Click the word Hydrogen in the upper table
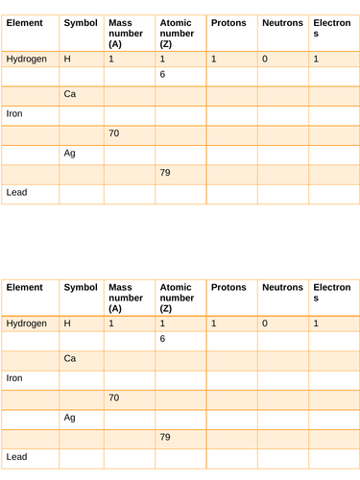click(26, 60)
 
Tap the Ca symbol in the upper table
click(70, 94)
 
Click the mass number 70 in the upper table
click(114, 133)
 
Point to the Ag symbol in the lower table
click(69, 418)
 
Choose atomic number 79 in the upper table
click(165, 173)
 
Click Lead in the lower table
click(16, 457)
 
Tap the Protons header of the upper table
click(228, 21)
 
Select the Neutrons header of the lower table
click(282, 287)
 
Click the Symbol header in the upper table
click(81, 21)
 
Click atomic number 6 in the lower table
click(163, 339)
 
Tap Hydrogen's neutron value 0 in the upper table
click(264, 60)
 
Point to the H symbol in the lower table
click(67, 324)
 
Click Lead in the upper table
click(16, 192)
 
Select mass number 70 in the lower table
click(114, 397)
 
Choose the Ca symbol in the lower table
click(70, 358)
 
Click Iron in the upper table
click(14, 113)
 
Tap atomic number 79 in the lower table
click(165, 437)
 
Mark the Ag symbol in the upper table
click(69, 153)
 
